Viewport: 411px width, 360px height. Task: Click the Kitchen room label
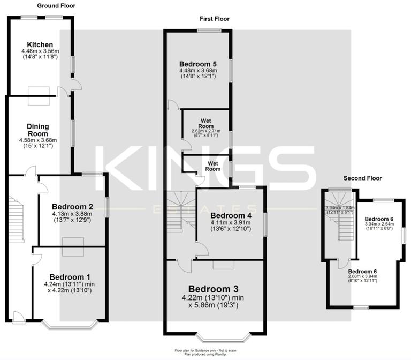coord(40,44)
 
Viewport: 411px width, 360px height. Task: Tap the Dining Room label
coord(37,130)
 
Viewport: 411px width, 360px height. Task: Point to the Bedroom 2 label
coord(73,206)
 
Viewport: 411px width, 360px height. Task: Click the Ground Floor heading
coord(56,6)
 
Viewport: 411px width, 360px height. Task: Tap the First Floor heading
coord(214,19)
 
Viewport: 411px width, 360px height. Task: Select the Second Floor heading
coord(362,178)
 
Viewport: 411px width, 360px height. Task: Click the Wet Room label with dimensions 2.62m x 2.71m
coord(207,123)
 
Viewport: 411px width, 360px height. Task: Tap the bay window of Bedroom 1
coord(70,325)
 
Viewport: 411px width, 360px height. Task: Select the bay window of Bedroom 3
coord(223,337)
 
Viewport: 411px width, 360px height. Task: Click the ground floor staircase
coord(18,219)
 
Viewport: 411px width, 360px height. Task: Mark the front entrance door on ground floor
coord(19,317)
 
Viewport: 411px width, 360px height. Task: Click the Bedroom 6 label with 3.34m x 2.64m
coord(379,219)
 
